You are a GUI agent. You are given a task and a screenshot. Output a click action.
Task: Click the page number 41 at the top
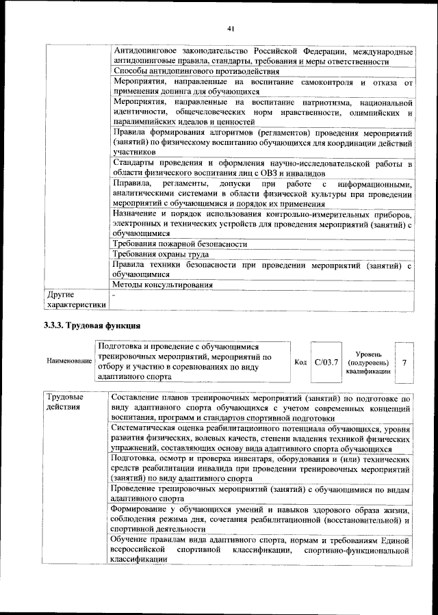click(x=231, y=28)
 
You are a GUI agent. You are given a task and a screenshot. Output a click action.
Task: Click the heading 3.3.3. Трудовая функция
click(x=92, y=325)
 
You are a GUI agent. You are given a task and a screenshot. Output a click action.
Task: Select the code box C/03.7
click(x=326, y=361)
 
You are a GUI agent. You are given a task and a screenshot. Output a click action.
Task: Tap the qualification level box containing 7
click(x=404, y=361)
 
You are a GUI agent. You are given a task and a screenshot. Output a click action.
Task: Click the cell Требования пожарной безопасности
click(x=180, y=244)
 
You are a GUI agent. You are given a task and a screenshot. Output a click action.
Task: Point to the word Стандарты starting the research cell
click(x=136, y=164)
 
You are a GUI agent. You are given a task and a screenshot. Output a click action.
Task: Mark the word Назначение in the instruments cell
click(x=140, y=213)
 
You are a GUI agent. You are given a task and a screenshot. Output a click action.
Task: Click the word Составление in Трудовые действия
click(x=140, y=397)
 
